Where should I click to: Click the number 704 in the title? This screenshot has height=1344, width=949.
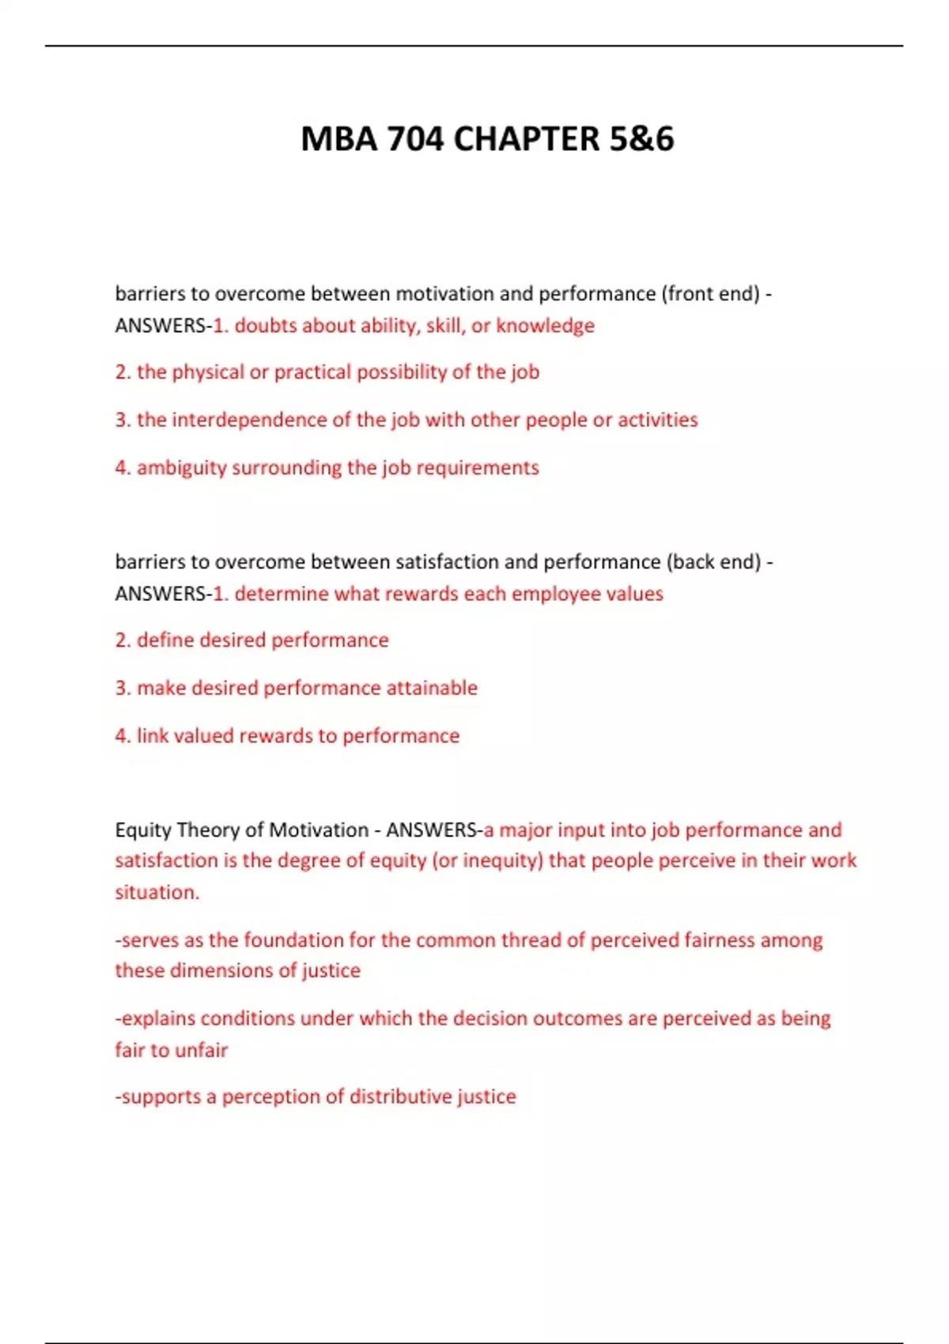[x=416, y=139]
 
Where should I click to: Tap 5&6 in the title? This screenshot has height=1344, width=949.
[x=641, y=139]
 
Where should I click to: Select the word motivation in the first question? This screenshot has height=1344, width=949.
[x=444, y=294]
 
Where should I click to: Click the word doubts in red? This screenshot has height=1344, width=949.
[x=266, y=326]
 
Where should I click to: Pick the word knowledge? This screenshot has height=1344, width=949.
[x=545, y=326]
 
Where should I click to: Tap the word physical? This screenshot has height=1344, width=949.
[x=208, y=372]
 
